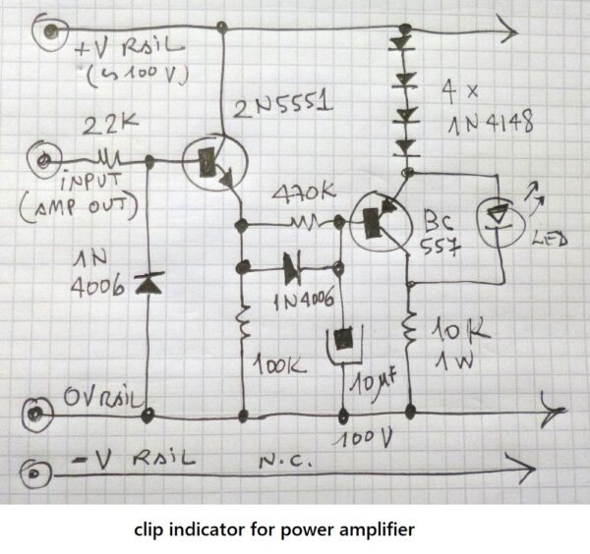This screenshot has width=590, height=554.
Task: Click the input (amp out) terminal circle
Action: [x=43, y=157]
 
